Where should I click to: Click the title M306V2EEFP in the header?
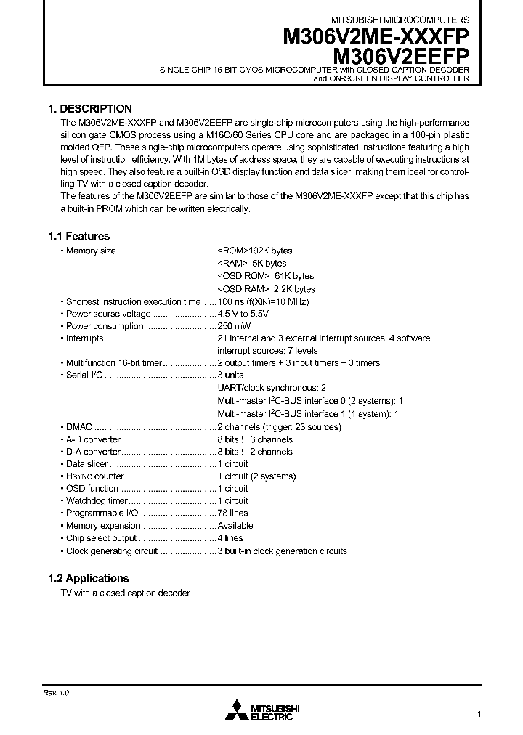click(400, 56)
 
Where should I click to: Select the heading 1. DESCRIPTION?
click(90, 108)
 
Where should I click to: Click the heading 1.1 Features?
click(78, 236)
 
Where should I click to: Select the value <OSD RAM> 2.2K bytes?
click(256, 288)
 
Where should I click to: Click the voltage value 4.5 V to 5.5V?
click(243, 314)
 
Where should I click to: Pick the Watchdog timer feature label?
click(96, 500)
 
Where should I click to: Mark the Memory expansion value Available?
click(235, 525)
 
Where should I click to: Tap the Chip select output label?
click(101, 538)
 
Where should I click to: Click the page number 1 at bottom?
click(479, 714)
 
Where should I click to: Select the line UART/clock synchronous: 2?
click(272, 388)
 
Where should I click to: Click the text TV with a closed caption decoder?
click(125, 593)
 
